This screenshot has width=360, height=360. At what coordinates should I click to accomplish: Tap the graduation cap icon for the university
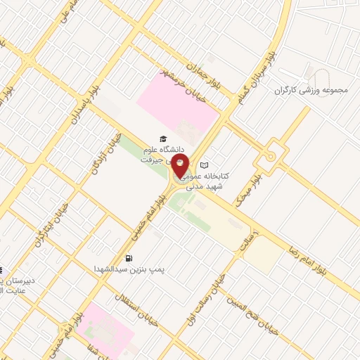point(163,139)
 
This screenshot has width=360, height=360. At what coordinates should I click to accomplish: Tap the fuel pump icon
point(129,258)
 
